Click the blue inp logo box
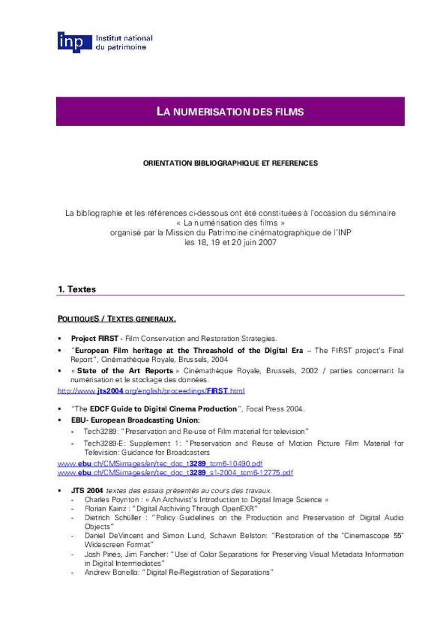click(x=70, y=42)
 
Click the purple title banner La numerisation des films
click(x=230, y=111)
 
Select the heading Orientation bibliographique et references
click(x=230, y=164)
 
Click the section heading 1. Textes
click(x=77, y=289)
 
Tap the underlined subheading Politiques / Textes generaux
click(x=116, y=319)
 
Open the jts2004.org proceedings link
click(x=151, y=391)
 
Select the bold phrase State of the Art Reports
click(x=125, y=371)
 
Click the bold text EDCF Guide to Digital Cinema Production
click(x=164, y=409)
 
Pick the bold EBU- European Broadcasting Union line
click(x=136, y=420)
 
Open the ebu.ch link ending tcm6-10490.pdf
click(x=160, y=463)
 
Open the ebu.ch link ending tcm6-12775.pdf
click(x=175, y=473)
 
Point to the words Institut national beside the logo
click(x=124, y=38)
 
